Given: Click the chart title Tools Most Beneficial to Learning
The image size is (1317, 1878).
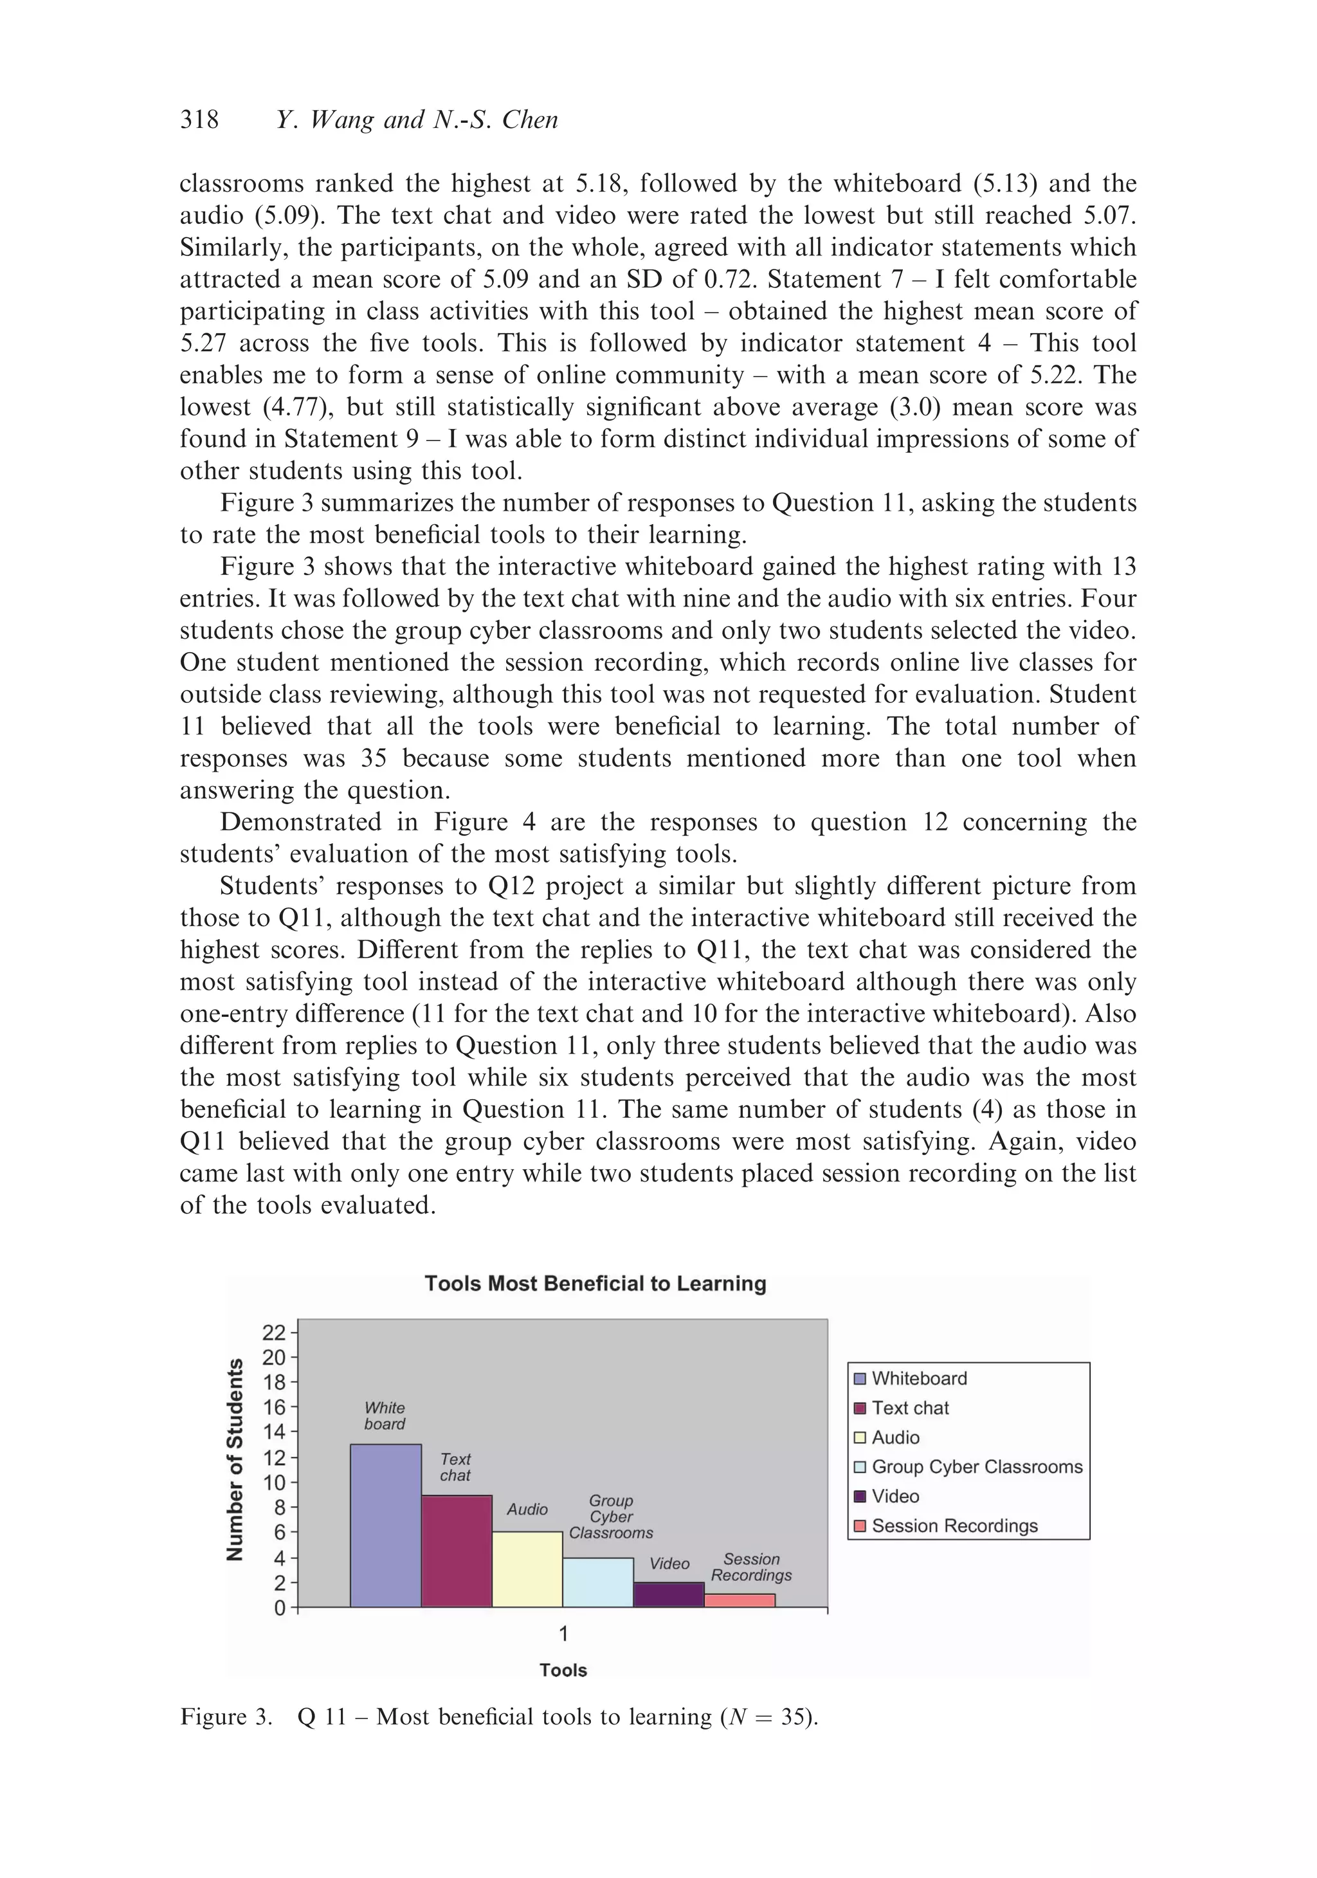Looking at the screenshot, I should pos(595,1283).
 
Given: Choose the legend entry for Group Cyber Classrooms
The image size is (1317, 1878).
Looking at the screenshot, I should pos(976,1466).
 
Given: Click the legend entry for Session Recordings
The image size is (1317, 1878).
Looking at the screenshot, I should pos(954,1526).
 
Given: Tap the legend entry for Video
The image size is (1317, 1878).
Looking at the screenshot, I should pos(895,1496).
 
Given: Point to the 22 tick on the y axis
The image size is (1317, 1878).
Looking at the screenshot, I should pos(273,1333).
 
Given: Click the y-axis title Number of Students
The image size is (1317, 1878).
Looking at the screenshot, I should pos(235,1460).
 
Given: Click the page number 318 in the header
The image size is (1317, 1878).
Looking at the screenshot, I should pos(199,120).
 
